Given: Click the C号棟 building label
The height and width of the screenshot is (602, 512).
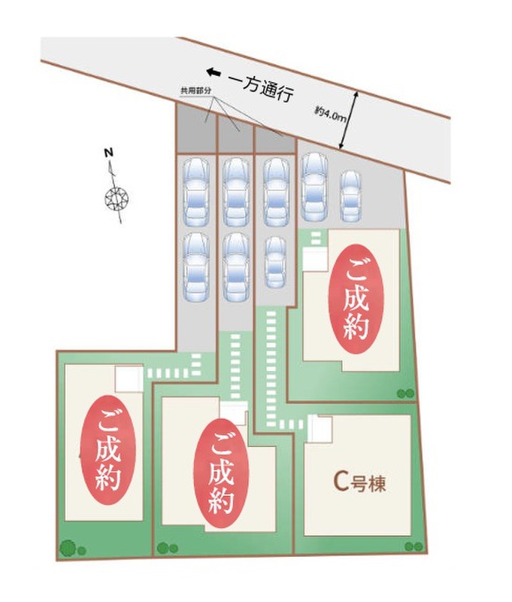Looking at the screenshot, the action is click(x=359, y=483).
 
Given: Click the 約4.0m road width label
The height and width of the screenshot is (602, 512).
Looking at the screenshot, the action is click(x=330, y=114).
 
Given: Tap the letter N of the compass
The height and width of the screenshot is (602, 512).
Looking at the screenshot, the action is click(x=108, y=153).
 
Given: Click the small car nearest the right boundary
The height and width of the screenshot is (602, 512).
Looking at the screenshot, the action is click(x=351, y=196).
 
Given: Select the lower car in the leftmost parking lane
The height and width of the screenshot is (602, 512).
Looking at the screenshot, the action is click(x=196, y=267).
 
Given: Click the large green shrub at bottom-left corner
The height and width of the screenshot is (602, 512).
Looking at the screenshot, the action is click(x=68, y=547).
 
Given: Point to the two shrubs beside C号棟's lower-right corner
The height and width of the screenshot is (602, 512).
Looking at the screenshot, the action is click(x=414, y=546).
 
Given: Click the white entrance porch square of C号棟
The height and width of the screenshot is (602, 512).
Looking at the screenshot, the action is click(x=319, y=429).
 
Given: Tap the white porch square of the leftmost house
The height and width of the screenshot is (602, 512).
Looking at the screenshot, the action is click(x=129, y=379).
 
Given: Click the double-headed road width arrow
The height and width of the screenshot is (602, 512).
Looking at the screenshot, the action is click(x=349, y=120).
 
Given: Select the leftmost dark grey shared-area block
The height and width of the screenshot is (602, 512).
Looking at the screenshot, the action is click(x=196, y=129).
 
